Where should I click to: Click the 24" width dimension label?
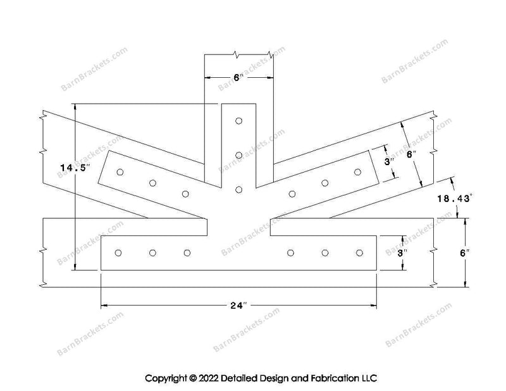[239, 305]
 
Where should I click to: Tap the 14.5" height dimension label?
[75, 168]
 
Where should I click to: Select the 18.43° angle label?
[455, 198]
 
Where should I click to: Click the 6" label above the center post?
[238, 77]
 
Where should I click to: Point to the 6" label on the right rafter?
[410, 154]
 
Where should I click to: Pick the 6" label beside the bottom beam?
[465, 253]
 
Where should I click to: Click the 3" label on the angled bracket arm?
[390, 161]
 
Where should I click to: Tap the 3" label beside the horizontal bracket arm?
[402, 253]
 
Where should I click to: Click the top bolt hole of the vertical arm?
[239, 121]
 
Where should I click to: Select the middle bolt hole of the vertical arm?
[239, 155]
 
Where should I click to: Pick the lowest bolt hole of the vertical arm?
[239, 190]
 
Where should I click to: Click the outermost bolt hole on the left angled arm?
[120, 172]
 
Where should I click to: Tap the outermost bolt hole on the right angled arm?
[357, 172]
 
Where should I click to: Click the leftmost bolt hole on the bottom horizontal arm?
[118, 253]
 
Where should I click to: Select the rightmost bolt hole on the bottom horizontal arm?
[359, 253]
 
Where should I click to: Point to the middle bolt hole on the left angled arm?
[153, 183]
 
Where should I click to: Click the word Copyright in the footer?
[166, 378]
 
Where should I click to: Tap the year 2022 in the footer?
[209, 378]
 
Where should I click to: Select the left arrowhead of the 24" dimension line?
[104, 305]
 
